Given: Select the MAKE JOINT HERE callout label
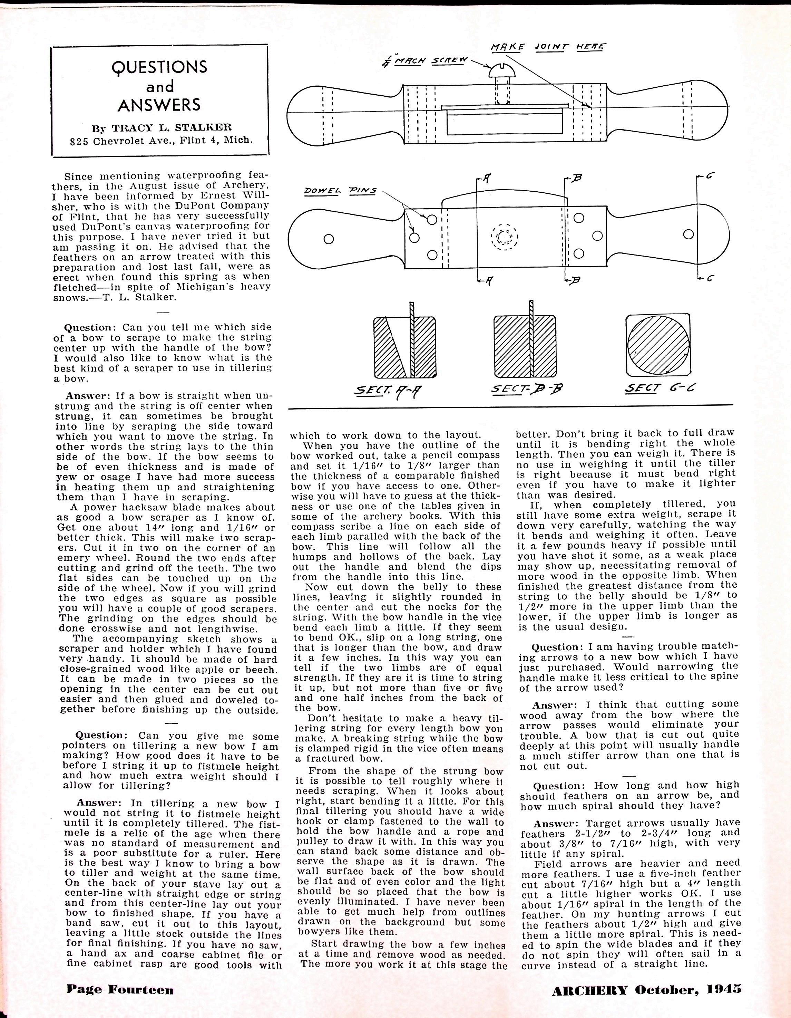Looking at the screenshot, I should tap(548, 47).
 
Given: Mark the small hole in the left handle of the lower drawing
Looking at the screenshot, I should tap(329, 239).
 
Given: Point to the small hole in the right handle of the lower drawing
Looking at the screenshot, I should tap(689, 234).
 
